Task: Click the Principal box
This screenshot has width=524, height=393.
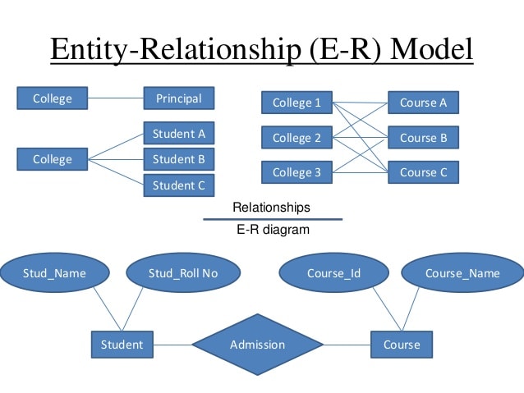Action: tap(179, 98)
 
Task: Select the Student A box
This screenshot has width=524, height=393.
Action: tap(179, 133)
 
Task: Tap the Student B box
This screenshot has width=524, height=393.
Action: tap(179, 159)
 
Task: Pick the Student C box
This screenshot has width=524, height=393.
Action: tap(179, 185)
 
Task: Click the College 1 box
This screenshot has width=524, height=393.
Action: tap(296, 103)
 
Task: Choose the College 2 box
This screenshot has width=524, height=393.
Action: tap(296, 138)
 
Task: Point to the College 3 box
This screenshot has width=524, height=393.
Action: tap(296, 172)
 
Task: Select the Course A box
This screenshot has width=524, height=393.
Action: tap(424, 103)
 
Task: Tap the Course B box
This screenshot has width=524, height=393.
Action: tap(424, 138)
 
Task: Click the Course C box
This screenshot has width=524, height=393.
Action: tap(424, 172)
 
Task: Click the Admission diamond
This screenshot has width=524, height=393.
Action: tap(257, 345)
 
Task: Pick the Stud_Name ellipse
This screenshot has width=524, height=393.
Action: tap(54, 272)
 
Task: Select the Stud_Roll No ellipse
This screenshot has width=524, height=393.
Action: tap(183, 272)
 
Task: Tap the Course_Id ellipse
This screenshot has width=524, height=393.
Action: tap(333, 272)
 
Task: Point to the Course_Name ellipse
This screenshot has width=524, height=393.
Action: tap(462, 272)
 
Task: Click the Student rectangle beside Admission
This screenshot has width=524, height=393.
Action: tap(122, 345)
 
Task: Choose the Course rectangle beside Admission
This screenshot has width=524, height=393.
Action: tap(402, 345)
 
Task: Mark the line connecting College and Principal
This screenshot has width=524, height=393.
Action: tap(116, 98)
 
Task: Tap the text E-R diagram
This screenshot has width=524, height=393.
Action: tap(273, 230)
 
